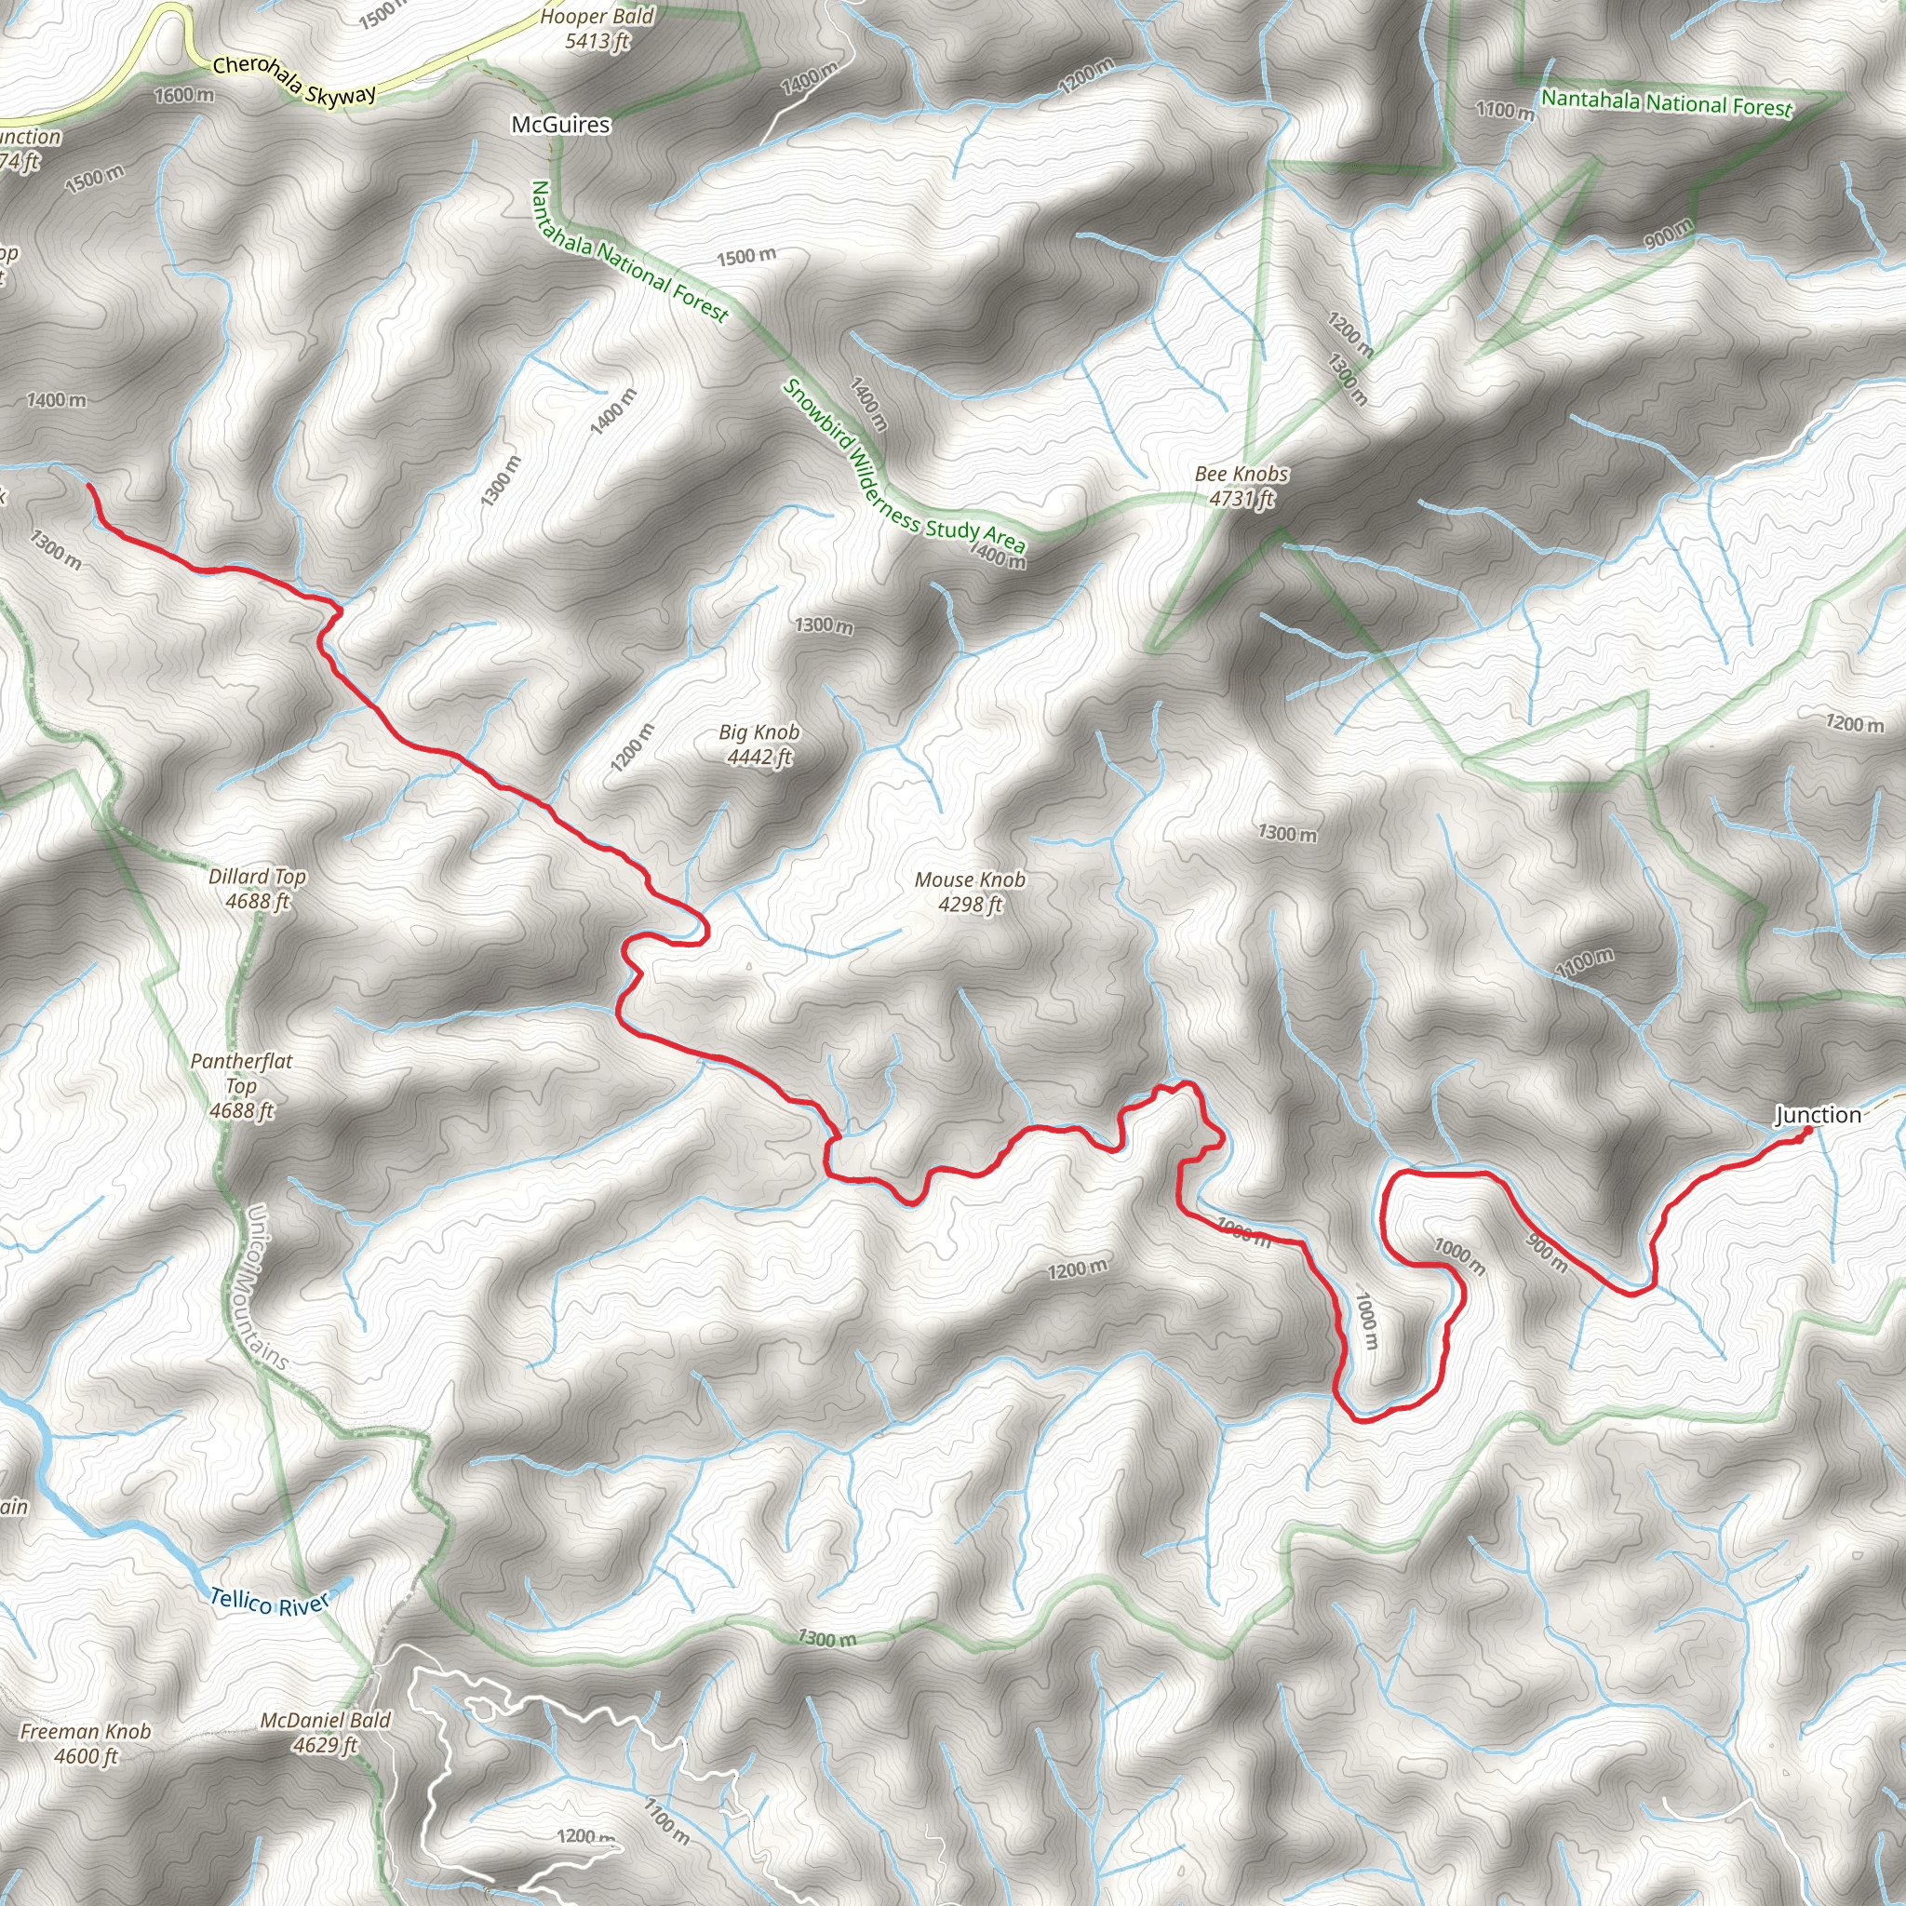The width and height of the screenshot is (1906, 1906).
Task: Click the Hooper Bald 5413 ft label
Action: (x=597, y=29)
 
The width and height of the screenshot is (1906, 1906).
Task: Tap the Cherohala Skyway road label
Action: (x=294, y=80)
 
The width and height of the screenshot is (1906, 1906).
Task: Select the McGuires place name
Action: (x=560, y=126)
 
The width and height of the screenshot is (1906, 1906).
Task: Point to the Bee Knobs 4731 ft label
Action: (x=1242, y=487)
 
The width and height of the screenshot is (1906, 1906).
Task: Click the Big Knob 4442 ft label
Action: (x=758, y=745)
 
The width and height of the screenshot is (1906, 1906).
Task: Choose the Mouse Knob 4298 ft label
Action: (x=970, y=892)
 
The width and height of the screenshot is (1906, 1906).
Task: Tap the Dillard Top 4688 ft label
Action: (x=257, y=888)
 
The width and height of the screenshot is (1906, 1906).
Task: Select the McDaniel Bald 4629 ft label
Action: (x=326, y=1732)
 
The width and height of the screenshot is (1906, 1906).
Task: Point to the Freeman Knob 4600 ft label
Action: (x=86, y=1743)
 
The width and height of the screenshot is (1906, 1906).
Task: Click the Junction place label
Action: (x=1818, y=1115)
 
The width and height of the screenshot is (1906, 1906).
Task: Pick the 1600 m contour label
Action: (x=184, y=96)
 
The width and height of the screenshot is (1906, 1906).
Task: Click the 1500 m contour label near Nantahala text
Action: (x=745, y=258)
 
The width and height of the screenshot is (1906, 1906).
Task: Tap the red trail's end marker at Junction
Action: (x=1807, y=1131)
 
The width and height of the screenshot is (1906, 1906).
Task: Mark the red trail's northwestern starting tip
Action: (x=89, y=486)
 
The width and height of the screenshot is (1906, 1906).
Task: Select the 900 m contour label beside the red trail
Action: (x=1546, y=1253)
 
